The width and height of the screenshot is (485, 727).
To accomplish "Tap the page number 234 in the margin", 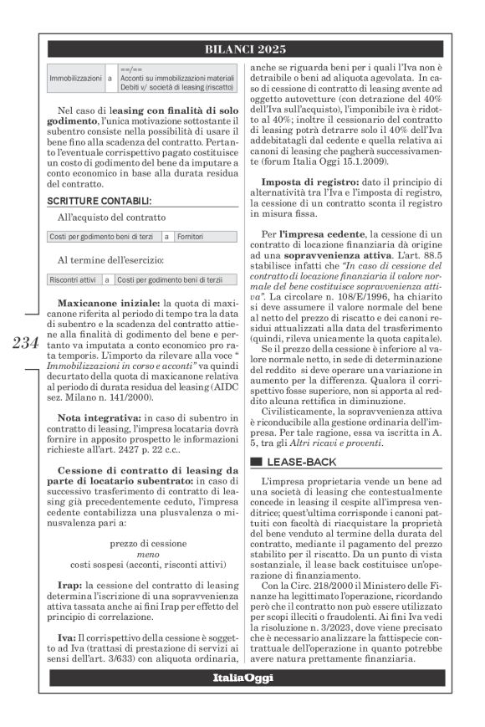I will tap(25, 345).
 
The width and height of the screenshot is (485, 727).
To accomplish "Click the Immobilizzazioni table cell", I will tap(75, 77).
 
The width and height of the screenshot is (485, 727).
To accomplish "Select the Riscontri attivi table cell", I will tap(74, 279).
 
